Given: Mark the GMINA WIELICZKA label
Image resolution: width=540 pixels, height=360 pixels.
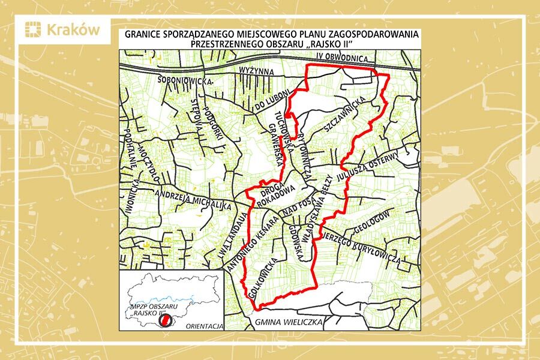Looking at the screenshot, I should (287, 323).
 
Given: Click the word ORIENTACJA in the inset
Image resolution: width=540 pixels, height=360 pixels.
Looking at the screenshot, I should (205, 327).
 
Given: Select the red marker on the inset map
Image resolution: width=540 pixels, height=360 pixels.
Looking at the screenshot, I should (163, 322).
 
